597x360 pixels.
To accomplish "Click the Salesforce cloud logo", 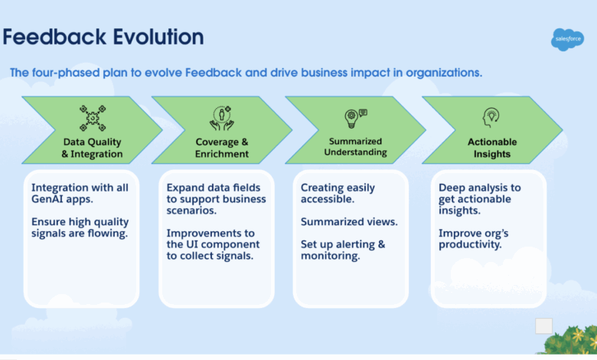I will click(566, 39).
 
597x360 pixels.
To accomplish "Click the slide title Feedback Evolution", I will click(103, 37).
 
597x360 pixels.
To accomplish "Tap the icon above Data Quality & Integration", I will click(93, 118).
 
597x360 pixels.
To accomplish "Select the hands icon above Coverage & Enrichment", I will click(221, 118).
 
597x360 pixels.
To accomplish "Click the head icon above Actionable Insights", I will click(491, 117).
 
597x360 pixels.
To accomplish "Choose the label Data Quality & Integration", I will click(92, 148).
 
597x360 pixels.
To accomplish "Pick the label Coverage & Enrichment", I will click(221, 148).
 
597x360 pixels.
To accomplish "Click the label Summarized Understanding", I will click(355, 147).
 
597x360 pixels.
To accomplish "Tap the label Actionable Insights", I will click(492, 148).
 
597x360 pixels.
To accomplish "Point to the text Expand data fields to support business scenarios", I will click(216, 199).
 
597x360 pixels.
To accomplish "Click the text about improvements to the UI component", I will click(214, 244).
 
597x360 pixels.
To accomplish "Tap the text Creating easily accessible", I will click(338, 193).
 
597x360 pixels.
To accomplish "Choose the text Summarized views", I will click(348, 221).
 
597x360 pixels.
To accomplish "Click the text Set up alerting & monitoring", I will click(342, 250).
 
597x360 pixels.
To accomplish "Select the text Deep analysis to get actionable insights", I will click(479, 198).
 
